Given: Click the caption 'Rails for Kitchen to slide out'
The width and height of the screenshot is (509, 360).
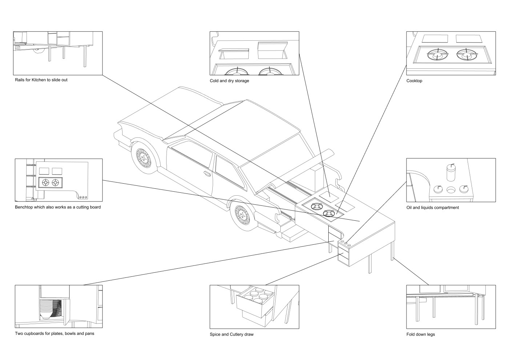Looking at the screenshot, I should pos(41,80).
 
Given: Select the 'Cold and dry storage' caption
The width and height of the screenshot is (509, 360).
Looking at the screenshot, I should pos(229,81).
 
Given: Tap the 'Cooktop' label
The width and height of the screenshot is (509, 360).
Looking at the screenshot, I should pos(414,81).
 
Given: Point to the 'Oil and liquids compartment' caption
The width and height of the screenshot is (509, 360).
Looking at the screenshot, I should pos(432,208).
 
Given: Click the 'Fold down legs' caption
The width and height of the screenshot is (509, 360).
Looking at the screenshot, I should pos(420,335).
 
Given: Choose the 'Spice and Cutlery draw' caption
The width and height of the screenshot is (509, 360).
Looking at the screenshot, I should pos(232,335).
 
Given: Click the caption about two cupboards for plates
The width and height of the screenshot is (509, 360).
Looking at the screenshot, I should pos(55,333).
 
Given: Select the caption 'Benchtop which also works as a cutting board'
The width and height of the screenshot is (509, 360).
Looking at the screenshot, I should pos(58,207).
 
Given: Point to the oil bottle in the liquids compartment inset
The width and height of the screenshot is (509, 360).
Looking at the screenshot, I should pos(451,173).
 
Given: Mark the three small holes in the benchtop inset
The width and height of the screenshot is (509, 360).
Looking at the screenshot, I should pos(83,197).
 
